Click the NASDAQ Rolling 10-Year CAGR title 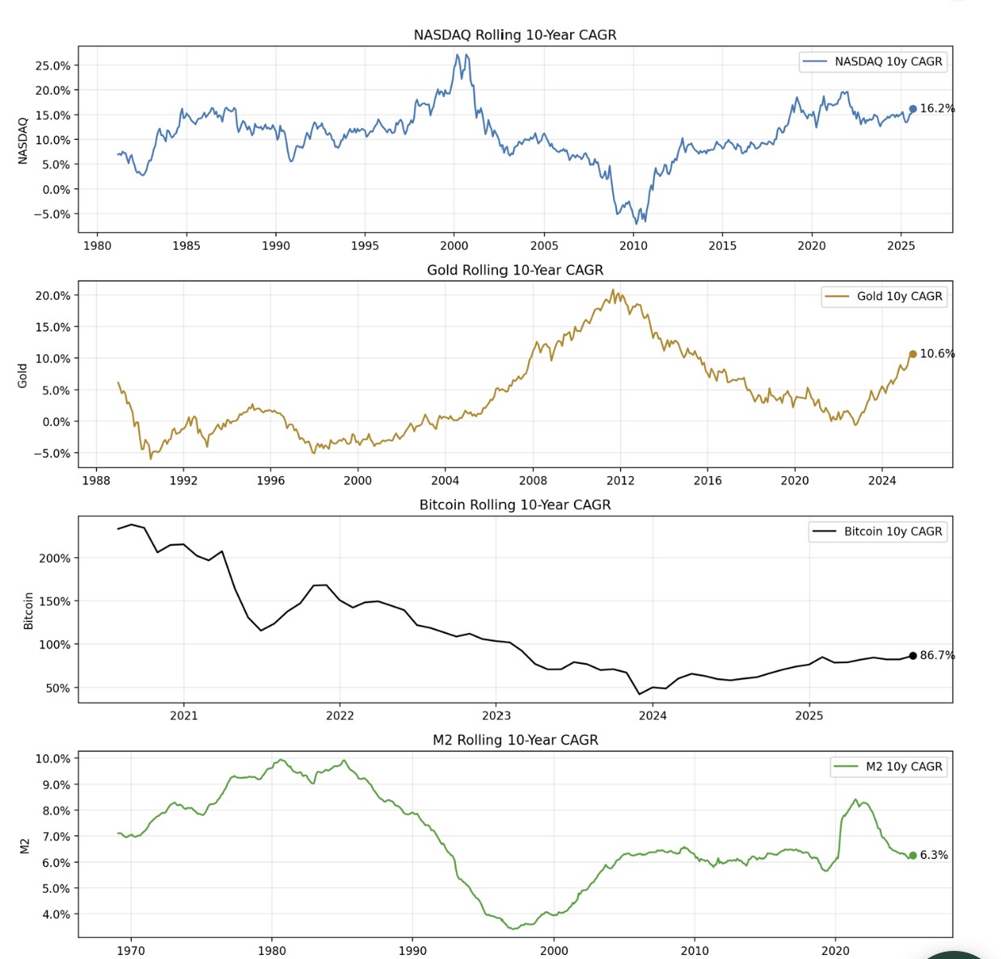(x=515, y=35)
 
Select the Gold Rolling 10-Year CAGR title (x=515, y=270)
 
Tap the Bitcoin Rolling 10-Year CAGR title (x=515, y=505)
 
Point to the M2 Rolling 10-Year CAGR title (x=515, y=740)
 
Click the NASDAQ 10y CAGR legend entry (x=872, y=61)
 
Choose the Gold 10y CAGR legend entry (x=883, y=297)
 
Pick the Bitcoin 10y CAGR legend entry (x=877, y=531)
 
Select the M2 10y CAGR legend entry (x=888, y=767)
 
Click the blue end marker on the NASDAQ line (x=913, y=109)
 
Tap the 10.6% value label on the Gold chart (x=937, y=353)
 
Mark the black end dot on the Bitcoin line (x=913, y=656)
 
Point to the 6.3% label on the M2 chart (x=934, y=855)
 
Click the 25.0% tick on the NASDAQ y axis (x=53, y=65)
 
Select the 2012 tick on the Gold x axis (x=620, y=480)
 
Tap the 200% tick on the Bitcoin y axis (x=55, y=558)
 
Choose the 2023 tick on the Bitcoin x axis (x=496, y=715)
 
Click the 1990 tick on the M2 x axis (x=412, y=950)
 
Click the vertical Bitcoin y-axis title (x=28, y=610)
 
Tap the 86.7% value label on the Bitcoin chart (x=937, y=655)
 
